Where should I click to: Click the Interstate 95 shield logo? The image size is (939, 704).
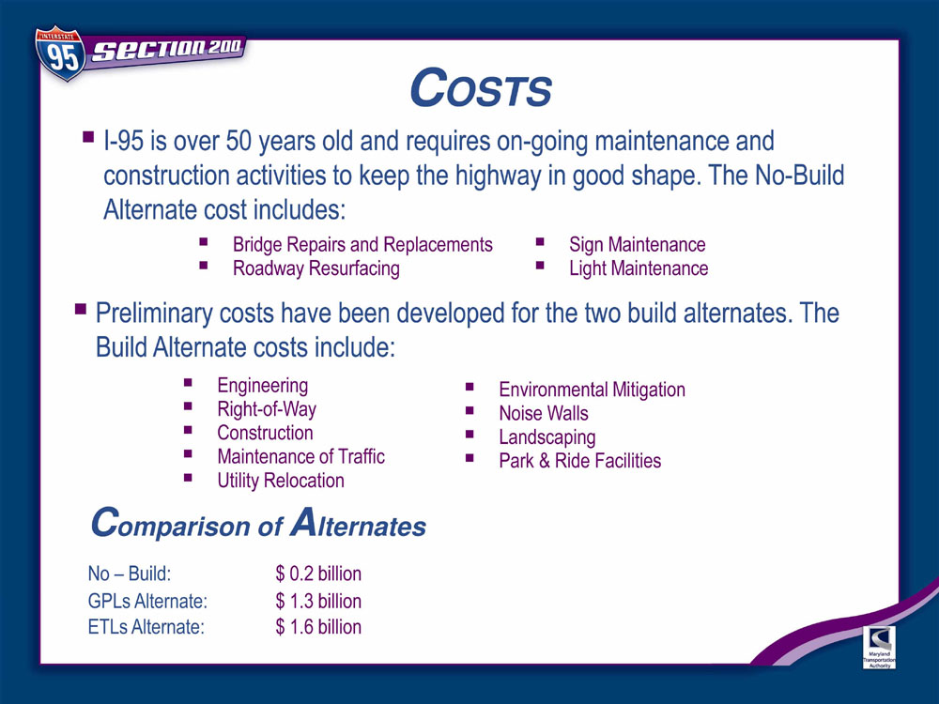click(60, 53)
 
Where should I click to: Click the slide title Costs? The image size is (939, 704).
click(481, 88)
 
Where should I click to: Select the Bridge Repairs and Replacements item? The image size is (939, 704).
click(362, 245)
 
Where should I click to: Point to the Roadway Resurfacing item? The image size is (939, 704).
click(316, 268)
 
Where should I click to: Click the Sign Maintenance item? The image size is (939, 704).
click(638, 245)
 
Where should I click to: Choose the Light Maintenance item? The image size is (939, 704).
click(639, 268)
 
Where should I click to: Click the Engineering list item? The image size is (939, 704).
click(262, 386)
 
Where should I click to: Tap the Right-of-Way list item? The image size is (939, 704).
click(267, 409)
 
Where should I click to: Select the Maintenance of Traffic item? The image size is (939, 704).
click(300, 457)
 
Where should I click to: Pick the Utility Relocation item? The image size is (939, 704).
click(280, 481)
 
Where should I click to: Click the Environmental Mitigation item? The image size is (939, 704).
click(592, 390)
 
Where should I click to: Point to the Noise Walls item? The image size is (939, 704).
click(543, 414)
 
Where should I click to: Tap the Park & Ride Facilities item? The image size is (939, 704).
click(579, 461)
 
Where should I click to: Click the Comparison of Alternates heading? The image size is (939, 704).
click(258, 523)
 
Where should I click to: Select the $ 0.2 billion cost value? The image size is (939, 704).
click(318, 574)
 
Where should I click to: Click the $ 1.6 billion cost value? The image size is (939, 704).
click(318, 627)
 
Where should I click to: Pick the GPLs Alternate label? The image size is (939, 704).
click(147, 601)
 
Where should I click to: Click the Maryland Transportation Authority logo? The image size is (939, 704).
click(879, 647)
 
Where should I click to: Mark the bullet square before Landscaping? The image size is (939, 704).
click(469, 434)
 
